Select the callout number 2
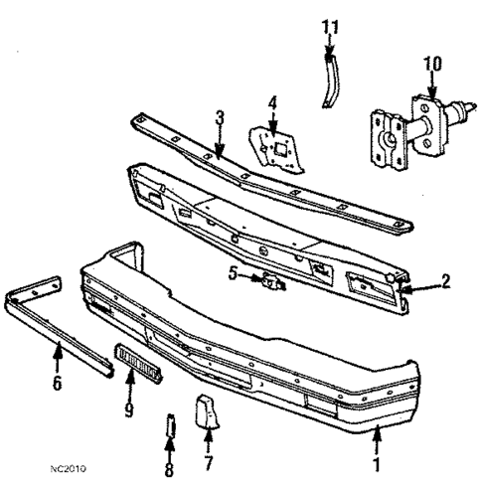click(445, 281)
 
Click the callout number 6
click(57, 380)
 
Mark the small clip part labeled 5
click(269, 282)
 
